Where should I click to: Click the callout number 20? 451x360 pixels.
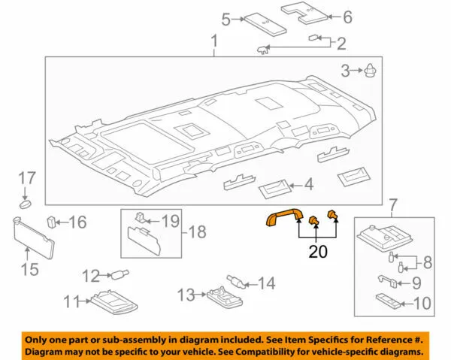(318, 252)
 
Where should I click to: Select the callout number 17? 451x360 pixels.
(27, 178)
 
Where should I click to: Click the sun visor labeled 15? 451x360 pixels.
(34, 238)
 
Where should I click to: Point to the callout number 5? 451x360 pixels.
(226, 20)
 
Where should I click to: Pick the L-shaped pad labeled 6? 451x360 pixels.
(304, 13)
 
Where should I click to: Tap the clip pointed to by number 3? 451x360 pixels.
(370, 71)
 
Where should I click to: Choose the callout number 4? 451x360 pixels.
(309, 184)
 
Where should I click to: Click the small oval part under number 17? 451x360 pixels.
(26, 204)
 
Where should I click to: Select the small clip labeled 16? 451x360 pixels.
(51, 222)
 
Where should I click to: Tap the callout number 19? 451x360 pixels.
(171, 222)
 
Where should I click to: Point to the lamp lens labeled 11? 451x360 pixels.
(114, 302)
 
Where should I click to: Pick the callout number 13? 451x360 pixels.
(186, 295)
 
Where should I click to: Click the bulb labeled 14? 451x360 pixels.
(236, 281)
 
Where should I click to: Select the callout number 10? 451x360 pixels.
(422, 304)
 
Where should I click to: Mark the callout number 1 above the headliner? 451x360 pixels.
(214, 41)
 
